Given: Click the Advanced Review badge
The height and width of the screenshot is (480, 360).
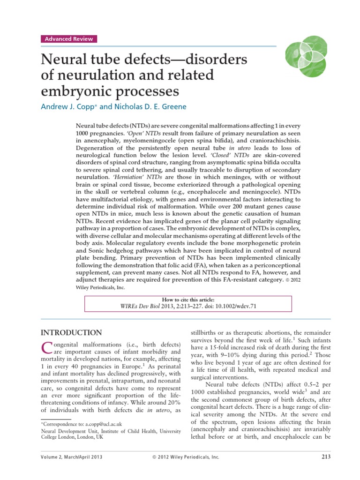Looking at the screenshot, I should tap(69, 39).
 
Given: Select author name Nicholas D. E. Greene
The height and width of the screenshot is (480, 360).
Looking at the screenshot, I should tap(150, 106).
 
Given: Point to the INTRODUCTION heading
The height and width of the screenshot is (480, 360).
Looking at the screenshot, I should tap(71, 333).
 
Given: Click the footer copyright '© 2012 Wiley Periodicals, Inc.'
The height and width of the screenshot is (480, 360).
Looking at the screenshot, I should tap(186, 457).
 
